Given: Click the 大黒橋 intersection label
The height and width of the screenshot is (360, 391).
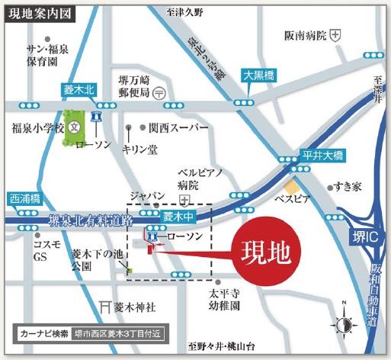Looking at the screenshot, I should tap(257, 76).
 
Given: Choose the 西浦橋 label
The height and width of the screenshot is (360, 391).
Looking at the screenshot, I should tap(27, 198).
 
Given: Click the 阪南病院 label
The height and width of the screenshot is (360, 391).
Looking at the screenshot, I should tap(306, 35).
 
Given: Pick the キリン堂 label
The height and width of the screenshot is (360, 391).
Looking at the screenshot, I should tap(139, 150).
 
